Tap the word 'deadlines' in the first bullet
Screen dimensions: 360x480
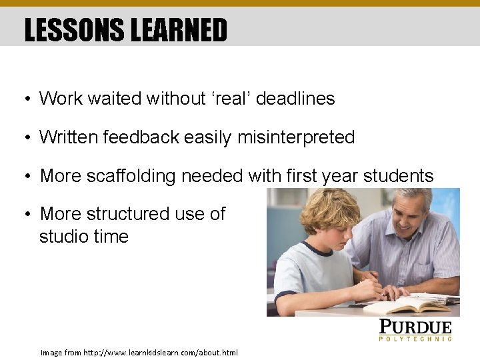[295, 99]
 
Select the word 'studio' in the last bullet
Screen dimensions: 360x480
[61, 237]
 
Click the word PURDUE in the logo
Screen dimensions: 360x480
[415, 327]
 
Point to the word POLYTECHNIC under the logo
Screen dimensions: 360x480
[415, 339]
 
